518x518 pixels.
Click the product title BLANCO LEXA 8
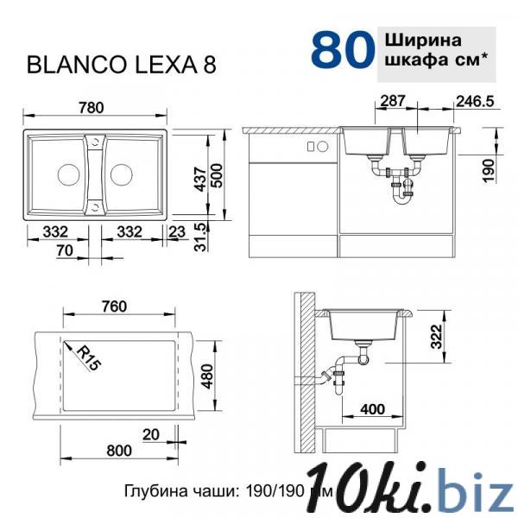pos(122,65)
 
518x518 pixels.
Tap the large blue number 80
pos(343,49)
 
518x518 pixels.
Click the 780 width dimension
pos(92,108)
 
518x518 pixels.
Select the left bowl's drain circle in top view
pos(69,174)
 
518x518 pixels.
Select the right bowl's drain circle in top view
pos(122,174)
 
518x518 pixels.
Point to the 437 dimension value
pos(200,179)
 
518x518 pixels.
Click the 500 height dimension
pos(217,175)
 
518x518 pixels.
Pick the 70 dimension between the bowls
pos(65,250)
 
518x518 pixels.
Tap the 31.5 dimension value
pos(200,237)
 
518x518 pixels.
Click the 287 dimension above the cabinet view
pos(393,101)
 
